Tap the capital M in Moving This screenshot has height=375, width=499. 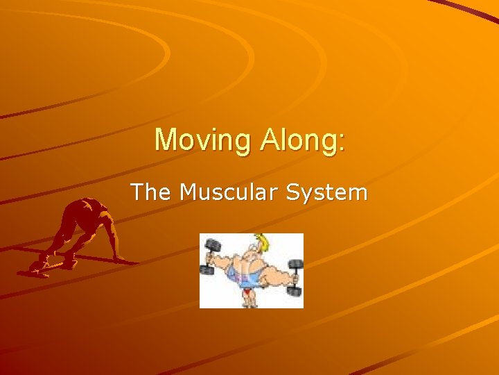tap(166, 140)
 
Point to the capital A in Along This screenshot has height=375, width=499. tap(270, 140)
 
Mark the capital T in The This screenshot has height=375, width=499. tap(138, 192)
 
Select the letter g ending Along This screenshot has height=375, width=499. tap(331, 143)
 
